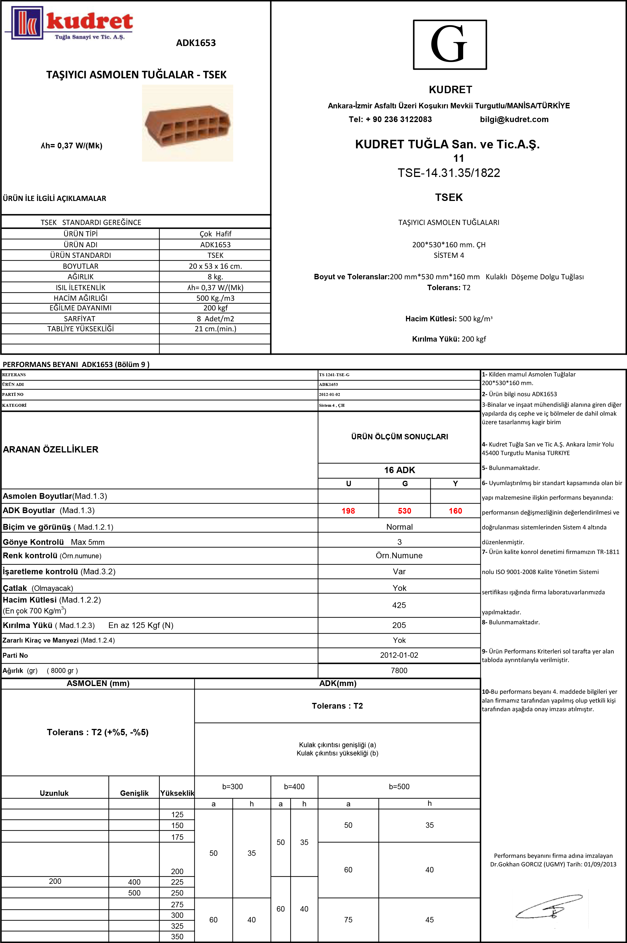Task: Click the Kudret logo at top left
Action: (x=69, y=23)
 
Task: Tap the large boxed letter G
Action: (x=449, y=44)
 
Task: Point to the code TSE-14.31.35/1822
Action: (x=449, y=173)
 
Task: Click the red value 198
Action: (x=348, y=511)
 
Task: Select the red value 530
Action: (x=404, y=511)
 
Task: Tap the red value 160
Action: (x=455, y=511)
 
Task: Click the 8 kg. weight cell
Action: (x=215, y=277)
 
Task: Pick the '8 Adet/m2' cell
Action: (x=215, y=319)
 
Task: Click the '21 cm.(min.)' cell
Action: (x=215, y=329)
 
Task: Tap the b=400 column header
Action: (x=294, y=786)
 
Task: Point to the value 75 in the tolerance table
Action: (x=348, y=919)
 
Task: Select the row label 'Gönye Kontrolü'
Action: (x=33, y=542)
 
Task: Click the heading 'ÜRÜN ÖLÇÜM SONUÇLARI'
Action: (x=399, y=436)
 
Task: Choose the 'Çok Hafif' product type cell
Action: (x=215, y=234)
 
